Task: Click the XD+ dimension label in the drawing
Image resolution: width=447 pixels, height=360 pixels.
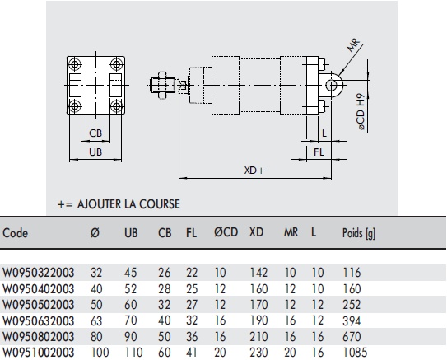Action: pos(255,171)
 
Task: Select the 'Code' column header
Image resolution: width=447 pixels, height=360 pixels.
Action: pos(16,233)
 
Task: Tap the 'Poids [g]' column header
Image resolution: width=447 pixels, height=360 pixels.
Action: pos(358,233)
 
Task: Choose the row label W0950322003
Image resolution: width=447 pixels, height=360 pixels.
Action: pos(38,271)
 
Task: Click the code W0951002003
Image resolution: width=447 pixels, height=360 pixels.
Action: pos(38,352)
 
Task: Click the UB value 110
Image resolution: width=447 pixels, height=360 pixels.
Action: pos(132,352)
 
